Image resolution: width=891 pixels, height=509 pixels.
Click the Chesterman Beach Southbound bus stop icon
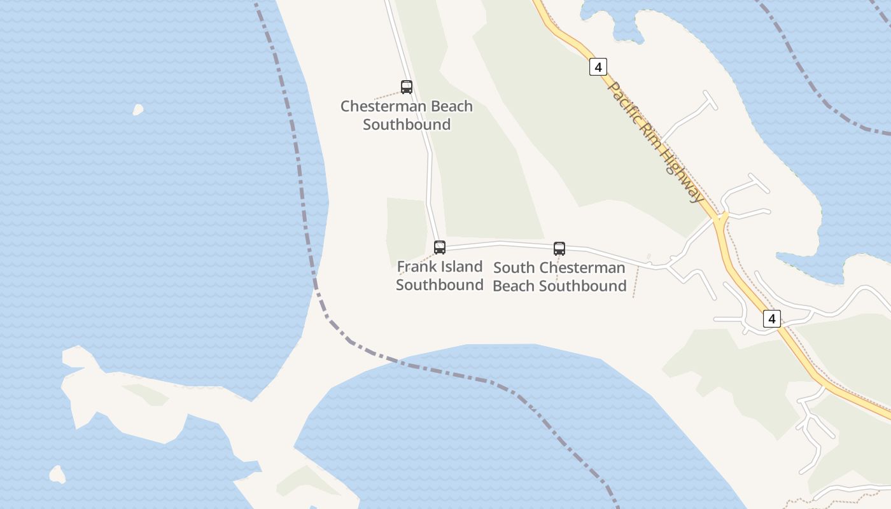point(407,87)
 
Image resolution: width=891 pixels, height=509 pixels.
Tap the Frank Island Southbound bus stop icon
point(440,248)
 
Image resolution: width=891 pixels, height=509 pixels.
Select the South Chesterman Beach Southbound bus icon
point(559,249)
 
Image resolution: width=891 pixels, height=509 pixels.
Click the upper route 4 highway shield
point(598,66)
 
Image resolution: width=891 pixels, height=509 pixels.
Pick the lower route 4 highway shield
point(771,319)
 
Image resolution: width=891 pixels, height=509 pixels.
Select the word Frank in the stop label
point(415,267)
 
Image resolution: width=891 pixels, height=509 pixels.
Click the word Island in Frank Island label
point(460,267)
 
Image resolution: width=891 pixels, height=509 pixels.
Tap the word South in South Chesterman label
point(514,268)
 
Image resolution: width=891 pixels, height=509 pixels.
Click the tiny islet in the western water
point(137,110)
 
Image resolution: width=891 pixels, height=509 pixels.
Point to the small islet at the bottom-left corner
point(57,474)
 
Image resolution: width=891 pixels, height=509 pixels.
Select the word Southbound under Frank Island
point(440,284)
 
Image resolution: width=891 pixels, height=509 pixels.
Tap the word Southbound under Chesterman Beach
point(407,124)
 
